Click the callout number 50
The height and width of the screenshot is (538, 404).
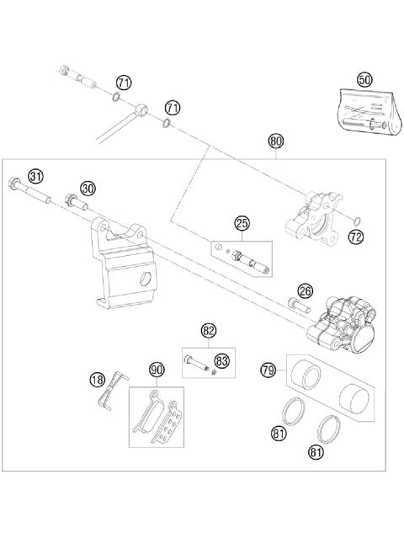click(364, 79)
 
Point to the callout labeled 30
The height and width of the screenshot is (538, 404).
click(88, 187)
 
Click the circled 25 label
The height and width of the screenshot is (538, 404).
click(242, 223)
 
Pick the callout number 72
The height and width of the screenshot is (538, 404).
click(355, 238)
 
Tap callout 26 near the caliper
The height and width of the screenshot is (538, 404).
click(306, 291)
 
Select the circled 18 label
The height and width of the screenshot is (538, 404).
click(98, 380)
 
